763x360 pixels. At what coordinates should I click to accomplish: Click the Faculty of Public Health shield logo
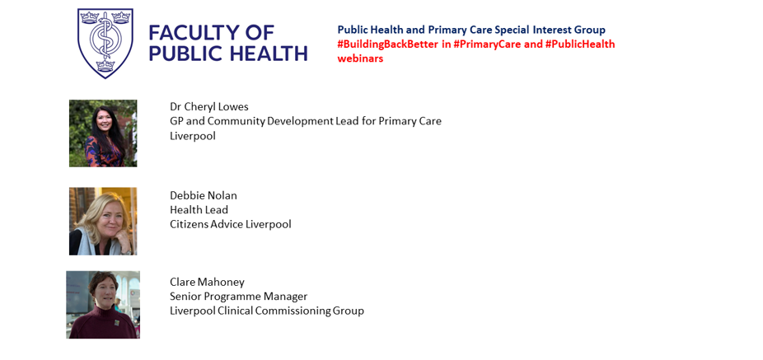(x=105, y=43)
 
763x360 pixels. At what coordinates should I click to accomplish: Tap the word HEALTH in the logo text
(x=268, y=53)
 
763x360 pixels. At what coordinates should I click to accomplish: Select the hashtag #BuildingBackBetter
(x=388, y=44)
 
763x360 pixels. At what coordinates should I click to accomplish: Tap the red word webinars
(x=360, y=58)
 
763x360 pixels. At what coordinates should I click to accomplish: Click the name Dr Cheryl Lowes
(x=208, y=107)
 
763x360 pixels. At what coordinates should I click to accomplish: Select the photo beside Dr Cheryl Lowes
(x=103, y=133)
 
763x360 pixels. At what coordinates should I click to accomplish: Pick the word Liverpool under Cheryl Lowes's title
(x=193, y=136)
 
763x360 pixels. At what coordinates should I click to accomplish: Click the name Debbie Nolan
(x=204, y=195)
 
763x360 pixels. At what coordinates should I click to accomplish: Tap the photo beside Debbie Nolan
(x=103, y=222)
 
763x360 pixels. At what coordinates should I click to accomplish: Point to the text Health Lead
(x=199, y=210)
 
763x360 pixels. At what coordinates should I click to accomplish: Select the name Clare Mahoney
(x=207, y=283)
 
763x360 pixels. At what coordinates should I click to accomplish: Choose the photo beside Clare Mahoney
(x=103, y=305)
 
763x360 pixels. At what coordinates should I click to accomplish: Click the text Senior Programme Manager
(x=238, y=297)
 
